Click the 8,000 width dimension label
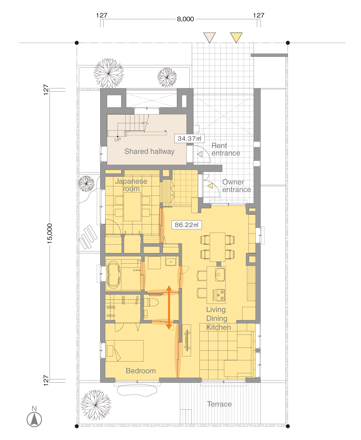185,19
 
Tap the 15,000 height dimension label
49,233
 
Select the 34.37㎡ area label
189,138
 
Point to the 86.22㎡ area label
187,225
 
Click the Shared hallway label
149,151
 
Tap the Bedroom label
141,371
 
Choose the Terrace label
219,404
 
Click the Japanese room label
131,185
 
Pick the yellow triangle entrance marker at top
236,38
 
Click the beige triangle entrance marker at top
209,38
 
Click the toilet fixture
151,302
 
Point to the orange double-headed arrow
169,307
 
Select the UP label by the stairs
118,139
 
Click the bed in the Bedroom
125,351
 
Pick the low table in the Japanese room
132,206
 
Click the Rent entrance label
226,149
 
